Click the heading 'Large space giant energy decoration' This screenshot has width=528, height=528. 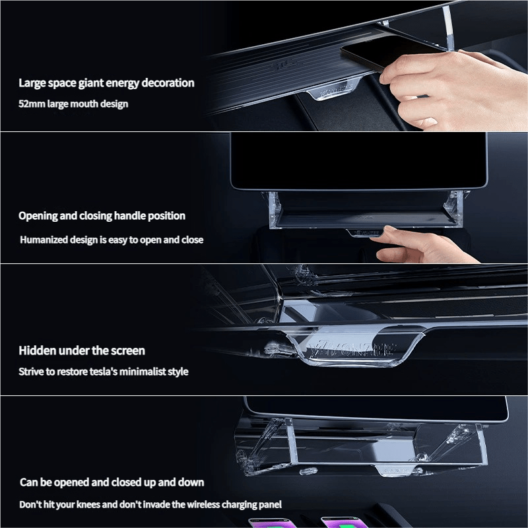tap(106, 83)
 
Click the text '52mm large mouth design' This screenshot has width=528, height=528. tap(73, 104)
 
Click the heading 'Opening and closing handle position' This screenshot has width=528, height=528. tap(102, 216)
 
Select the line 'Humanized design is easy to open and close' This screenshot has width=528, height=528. tap(112, 240)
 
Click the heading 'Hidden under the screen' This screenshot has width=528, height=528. tap(82, 350)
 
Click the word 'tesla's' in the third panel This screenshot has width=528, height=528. tap(117, 372)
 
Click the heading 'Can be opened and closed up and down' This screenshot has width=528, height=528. tap(112, 482)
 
